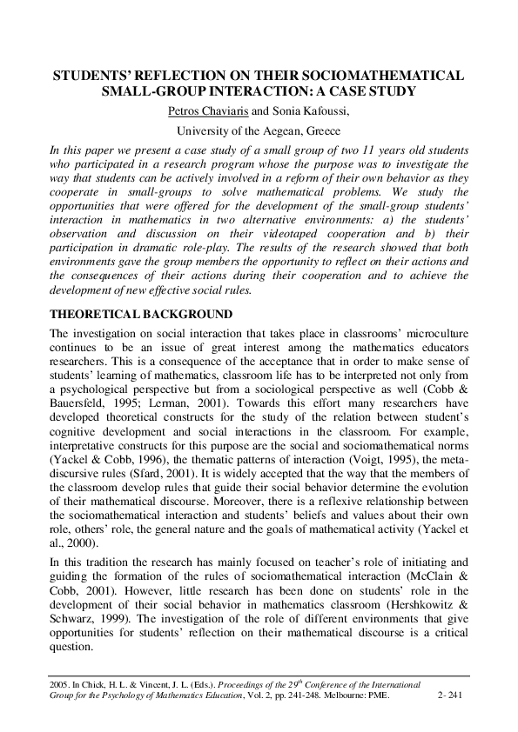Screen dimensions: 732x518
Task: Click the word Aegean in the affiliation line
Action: (279, 130)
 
